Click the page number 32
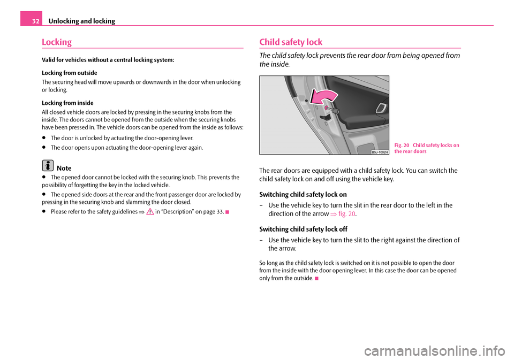coord(31,21)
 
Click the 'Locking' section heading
coord(56,42)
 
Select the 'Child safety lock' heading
coord(290,42)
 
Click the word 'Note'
coord(64,168)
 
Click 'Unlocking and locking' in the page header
coord(81,21)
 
